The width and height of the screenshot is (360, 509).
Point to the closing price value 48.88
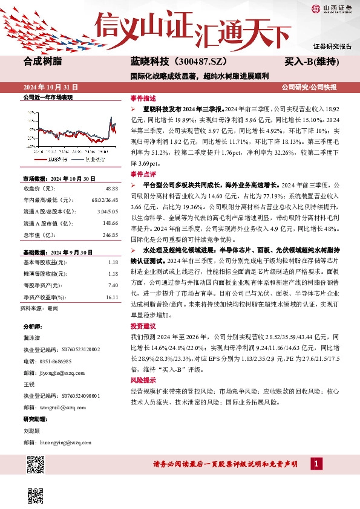click(x=111, y=189)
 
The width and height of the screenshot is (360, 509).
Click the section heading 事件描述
click(x=143, y=98)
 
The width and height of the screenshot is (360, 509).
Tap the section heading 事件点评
click(x=143, y=173)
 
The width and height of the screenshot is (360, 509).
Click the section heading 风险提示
click(x=143, y=380)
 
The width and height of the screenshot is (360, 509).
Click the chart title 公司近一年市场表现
click(x=47, y=97)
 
